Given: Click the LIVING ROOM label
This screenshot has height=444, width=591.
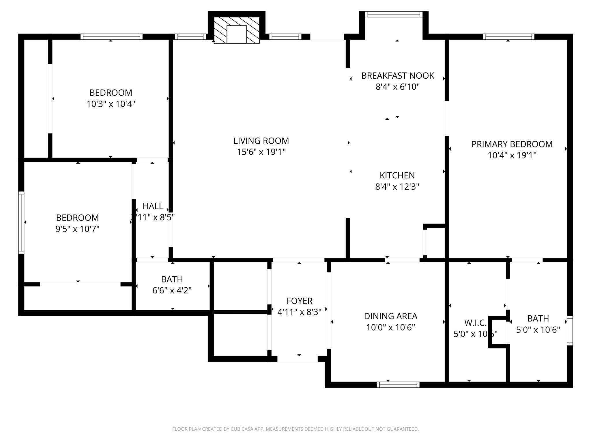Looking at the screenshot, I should coord(261,141).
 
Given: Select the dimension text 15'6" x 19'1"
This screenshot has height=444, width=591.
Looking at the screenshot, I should coord(261,152).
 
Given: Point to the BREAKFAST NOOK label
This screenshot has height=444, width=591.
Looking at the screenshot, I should coord(397,76).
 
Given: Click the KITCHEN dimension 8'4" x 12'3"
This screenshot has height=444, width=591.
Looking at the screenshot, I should coord(397,187).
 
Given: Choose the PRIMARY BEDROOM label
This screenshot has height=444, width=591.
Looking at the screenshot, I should coord(512,144).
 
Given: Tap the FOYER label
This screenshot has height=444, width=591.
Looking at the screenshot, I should coord(299,301).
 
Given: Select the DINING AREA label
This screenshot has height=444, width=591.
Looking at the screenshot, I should coord(390,316).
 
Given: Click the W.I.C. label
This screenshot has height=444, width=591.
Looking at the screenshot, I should coord(475,323).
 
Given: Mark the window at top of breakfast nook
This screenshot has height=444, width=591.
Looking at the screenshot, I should coord(394,14).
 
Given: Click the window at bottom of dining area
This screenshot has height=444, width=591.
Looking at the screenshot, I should coord(398,384).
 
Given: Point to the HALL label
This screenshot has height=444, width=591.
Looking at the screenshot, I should coord(153,206).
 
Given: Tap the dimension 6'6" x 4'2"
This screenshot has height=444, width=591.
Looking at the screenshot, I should coord(172,291).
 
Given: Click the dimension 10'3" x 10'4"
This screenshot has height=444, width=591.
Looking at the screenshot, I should coord(111,104).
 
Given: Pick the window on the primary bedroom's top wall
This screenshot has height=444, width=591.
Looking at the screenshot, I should coord(508,37).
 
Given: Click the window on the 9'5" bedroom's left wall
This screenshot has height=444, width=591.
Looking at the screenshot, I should coord(21,222).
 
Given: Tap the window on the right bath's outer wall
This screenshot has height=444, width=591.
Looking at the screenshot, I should coord(570,331).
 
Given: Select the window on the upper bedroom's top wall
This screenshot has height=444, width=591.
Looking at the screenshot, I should coord(111,37).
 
